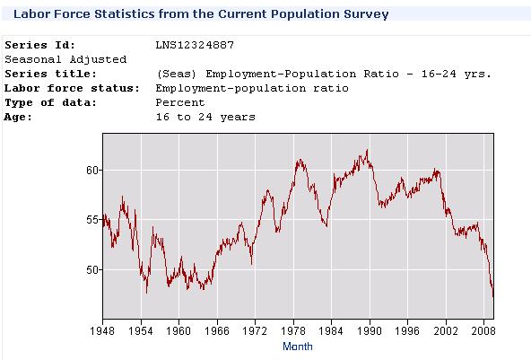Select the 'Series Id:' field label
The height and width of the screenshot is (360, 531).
coord(41,45)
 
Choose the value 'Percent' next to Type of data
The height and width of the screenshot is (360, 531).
coord(178,102)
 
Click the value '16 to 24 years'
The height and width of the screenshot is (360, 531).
coord(205,117)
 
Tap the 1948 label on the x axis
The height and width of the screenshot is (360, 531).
coord(102,329)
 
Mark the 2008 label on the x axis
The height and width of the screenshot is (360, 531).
coord(483,329)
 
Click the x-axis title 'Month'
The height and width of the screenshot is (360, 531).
coord(297,346)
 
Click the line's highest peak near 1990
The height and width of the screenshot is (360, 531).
coord(367,151)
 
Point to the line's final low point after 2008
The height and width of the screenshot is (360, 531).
coord(492,295)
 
